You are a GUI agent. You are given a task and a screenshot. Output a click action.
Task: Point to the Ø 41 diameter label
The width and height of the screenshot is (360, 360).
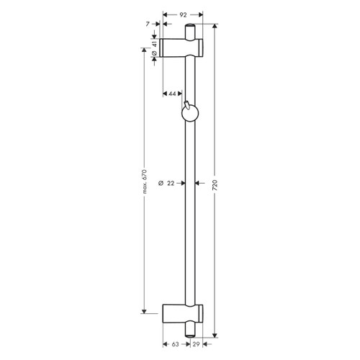(155, 48)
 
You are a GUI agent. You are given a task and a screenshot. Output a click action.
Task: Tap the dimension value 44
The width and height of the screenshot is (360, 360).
(174, 94)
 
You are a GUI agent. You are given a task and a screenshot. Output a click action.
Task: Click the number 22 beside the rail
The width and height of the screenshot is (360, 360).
(170, 183)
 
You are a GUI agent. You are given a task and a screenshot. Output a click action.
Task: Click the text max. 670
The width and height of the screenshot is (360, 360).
(144, 183)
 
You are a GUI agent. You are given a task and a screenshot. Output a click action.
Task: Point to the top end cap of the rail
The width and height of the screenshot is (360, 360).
(190, 30)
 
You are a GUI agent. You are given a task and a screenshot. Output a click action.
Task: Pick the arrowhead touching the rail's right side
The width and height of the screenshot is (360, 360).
(198, 183)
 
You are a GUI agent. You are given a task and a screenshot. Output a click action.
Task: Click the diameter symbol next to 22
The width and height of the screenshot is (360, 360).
(160, 183)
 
